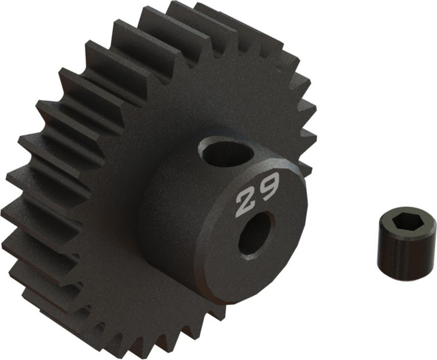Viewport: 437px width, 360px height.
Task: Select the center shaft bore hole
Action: (257, 233)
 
